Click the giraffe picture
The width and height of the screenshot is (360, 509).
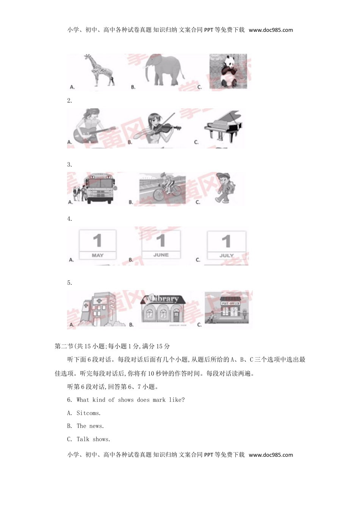coord(99,70)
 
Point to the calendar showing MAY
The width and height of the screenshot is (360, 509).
coord(97,245)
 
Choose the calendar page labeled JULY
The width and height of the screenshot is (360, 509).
coord(226,245)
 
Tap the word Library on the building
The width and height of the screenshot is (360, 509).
coord(164,299)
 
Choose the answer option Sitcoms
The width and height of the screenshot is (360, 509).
coord(88,413)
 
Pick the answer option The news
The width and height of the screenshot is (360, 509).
coord(90,426)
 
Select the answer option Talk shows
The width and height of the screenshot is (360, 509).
coord(93,439)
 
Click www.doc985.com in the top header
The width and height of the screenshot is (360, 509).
coord(271,30)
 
